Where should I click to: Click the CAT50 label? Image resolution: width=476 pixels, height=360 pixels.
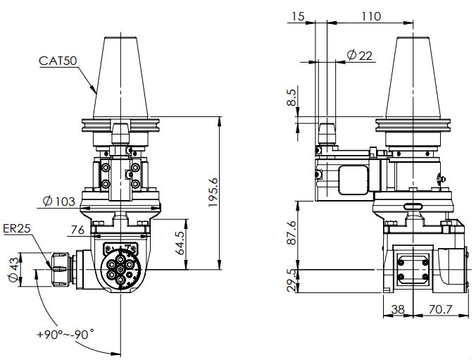click(58, 61)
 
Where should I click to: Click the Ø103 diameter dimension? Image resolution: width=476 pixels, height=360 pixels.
click(58, 201)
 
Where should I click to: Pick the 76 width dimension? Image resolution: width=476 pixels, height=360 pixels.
click(77, 229)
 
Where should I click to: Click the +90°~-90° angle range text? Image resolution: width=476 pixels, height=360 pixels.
click(65, 335)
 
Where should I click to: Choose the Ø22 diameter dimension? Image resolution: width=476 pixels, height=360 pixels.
click(360, 55)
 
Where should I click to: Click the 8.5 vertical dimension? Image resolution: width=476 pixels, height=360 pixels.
click(292, 97)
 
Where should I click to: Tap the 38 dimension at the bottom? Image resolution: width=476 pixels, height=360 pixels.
click(398, 308)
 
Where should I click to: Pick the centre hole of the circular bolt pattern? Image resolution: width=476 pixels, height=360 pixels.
click(120, 269)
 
